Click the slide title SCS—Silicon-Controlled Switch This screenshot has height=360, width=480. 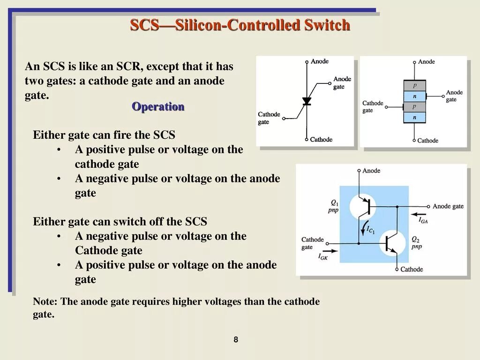click(240, 25)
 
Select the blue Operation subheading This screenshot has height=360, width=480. click(158, 106)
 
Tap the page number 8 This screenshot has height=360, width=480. click(236, 339)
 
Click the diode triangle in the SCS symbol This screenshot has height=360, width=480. click(307, 101)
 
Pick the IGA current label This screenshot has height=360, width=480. click(423, 219)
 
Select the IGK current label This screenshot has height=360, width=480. click(323, 256)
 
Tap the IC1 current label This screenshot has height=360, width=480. click(371, 230)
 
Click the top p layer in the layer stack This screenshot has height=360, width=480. click(414, 86)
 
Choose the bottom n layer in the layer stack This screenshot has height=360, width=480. click(414, 118)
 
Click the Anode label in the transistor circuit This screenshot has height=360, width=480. click(371, 171)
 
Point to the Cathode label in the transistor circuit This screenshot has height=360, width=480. click(412, 269)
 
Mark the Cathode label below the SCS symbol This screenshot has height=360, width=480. click(321, 139)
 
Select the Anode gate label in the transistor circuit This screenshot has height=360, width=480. click(448, 206)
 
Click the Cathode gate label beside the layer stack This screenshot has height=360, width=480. click(373, 106)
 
